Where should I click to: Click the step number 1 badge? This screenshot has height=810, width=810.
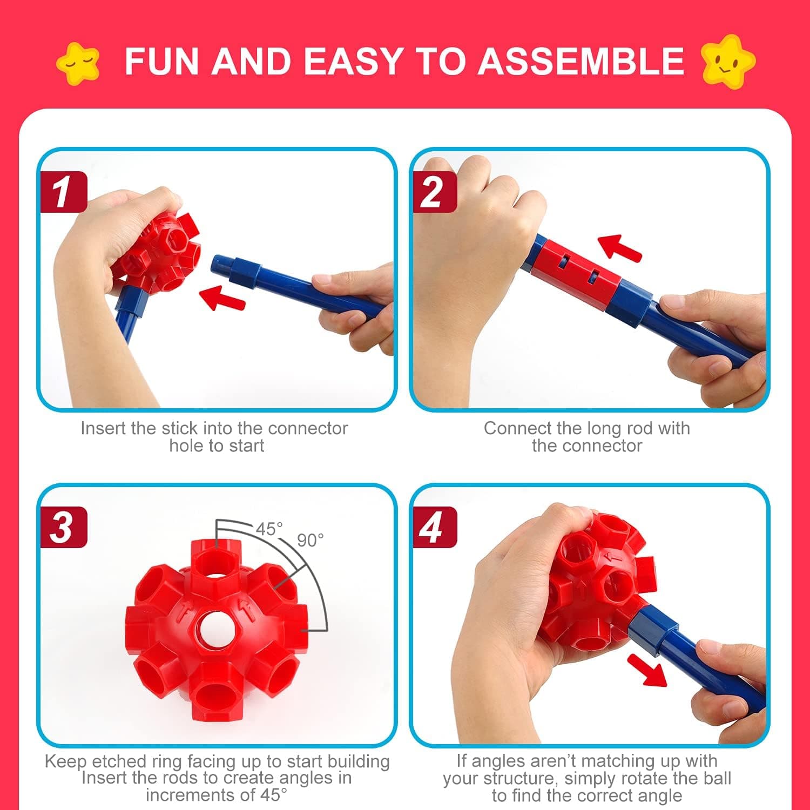(63, 192)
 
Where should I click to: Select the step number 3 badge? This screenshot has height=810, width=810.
(63, 528)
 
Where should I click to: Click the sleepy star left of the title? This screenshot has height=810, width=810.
(79, 63)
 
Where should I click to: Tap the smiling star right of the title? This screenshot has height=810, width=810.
(727, 61)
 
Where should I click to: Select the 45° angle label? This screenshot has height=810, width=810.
(269, 529)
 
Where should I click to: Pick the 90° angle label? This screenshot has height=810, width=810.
(310, 540)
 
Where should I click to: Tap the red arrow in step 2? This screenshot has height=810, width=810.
(620, 247)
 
